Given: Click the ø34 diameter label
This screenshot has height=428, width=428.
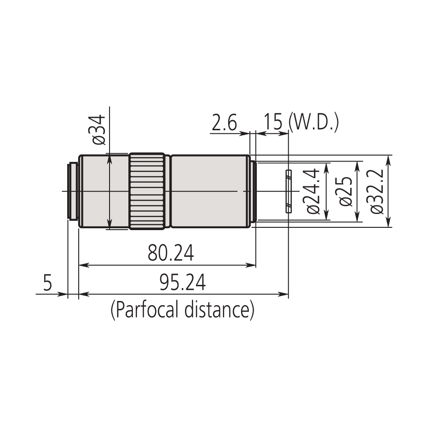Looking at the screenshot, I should [99, 130].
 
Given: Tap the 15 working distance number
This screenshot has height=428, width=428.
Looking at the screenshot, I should [272, 123].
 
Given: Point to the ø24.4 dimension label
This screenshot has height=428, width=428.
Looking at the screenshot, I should [313, 191].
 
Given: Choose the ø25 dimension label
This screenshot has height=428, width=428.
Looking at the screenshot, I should [346, 191].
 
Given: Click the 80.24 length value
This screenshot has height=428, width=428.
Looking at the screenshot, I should [171, 254].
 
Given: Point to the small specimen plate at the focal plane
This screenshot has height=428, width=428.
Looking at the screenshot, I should [289, 191].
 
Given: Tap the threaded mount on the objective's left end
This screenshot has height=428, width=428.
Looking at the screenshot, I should [73, 191].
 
